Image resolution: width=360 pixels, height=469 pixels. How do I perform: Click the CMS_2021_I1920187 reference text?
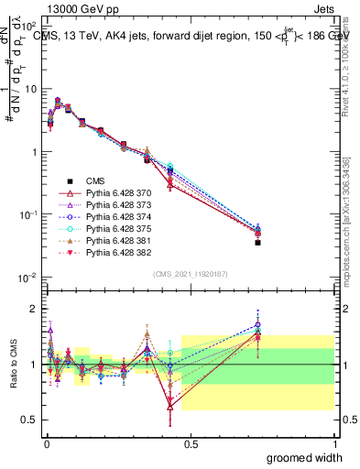pyautogui.click(x=190, y=274)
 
